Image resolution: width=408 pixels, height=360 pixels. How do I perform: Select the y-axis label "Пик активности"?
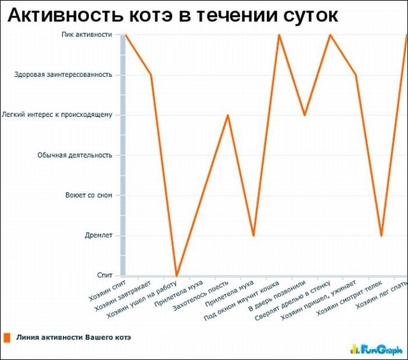tap(87, 34)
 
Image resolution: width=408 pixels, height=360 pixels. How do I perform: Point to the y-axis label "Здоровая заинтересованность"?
tap(63, 75)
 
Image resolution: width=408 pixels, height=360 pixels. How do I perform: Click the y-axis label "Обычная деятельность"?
tap(75, 155)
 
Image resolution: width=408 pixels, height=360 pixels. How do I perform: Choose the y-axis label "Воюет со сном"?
tap(89, 195)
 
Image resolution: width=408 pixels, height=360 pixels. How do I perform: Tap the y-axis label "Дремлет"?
tap(99, 235)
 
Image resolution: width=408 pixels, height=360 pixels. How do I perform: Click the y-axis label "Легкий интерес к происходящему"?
tap(57, 115)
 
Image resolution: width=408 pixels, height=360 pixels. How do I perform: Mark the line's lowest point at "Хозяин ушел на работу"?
tap(177, 276)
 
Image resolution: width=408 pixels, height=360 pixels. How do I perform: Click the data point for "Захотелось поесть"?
tap(228, 115)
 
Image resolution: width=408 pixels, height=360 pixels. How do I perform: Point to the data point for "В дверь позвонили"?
tap(304, 115)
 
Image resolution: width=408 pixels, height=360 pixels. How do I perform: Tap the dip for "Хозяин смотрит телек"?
tap(381, 235)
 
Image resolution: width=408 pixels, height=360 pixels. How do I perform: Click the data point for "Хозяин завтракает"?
tap(151, 75)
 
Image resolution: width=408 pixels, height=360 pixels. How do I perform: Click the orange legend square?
tap(8, 337)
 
